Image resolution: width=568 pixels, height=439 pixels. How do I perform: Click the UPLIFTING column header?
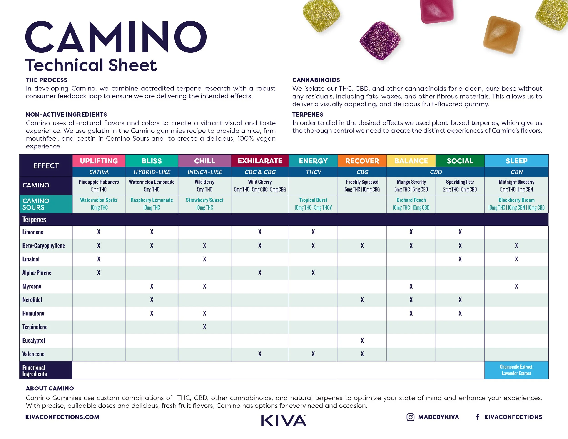(x=99, y=161)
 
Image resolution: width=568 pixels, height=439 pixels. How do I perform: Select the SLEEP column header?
(x=516, y=161)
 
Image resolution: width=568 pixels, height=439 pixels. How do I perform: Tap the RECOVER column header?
(x=362, y=161)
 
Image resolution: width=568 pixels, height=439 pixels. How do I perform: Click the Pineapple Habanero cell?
(x=99, y=186)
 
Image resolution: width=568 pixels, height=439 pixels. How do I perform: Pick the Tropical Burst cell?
(x=313, y=204)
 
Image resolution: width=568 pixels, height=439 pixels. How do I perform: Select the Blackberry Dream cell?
(x=516, y=204)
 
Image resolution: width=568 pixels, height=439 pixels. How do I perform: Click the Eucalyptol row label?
(x=34, y=340)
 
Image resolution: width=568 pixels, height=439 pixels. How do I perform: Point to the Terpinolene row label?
(x=35, y=327)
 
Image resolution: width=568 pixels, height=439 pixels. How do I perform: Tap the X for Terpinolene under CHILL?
(x=204, y=327)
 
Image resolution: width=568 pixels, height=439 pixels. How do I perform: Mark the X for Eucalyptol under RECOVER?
(x=362, y=340)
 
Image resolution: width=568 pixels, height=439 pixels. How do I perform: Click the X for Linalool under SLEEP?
(x=516, y=259)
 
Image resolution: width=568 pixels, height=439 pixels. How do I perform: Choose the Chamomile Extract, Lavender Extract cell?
(x=516, y=370)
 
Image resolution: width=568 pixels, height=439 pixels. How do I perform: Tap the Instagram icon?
(x=410, y=417)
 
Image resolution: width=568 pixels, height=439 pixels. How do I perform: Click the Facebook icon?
(x=478, y=417)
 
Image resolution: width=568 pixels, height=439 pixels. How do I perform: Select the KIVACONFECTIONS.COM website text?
(x=62, y=417)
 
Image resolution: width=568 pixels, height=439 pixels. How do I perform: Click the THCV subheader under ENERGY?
(x=313, y=172)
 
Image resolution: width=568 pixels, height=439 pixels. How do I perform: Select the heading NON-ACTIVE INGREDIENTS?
(x=66, y=115)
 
